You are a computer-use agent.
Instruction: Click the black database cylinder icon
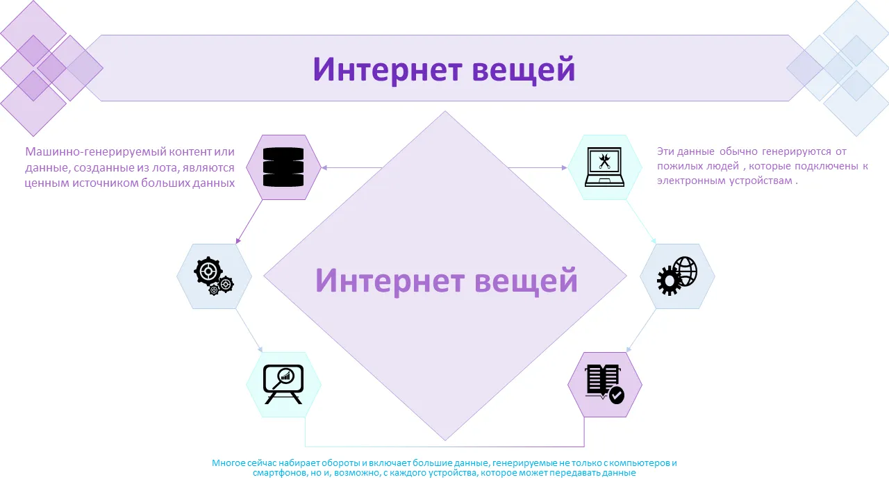click(x=283, y=167)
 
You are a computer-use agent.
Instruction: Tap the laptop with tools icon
click(x=604, y=167)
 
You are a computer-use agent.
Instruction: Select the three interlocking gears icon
click(x=214, y=276)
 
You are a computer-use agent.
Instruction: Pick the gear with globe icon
click(x=677, y=276)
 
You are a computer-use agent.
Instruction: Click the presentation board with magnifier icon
click(x=283, y=384)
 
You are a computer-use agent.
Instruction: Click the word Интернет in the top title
click(x=388, y=70)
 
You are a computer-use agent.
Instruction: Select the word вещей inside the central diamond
click(x=526, y=281)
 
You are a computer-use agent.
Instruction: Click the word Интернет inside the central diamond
click(x=390, y=281)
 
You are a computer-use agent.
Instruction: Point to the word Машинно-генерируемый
click(x=96, y=151)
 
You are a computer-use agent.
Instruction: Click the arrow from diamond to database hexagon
click(x=351, y=168)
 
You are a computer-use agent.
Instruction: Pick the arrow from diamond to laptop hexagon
click(x=538, y=168)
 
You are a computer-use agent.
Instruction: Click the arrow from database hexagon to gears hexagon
click(x=249, y=222)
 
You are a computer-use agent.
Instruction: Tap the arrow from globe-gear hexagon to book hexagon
click(x=641, y=331)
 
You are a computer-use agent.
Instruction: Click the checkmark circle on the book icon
click(x=616, y=396)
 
